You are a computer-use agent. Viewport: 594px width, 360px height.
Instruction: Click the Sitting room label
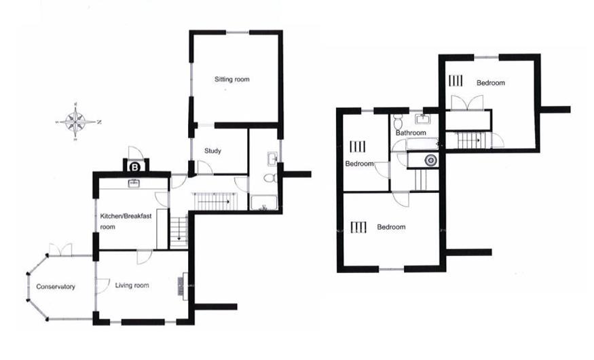point(232,79)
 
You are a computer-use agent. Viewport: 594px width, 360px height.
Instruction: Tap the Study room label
point(212,151)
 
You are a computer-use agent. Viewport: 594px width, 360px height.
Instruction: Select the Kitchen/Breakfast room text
point(122,221)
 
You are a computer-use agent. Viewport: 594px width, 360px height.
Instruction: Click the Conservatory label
point(56,287)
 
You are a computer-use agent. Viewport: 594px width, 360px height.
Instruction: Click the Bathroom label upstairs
point(411,133)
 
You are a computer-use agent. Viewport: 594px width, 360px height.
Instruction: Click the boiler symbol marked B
point(135,166)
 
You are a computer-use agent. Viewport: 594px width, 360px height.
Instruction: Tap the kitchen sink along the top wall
point(134,183)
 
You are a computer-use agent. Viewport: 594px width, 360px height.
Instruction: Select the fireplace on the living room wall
point(182,284)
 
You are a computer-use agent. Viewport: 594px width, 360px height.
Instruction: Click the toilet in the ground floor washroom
point(269,179)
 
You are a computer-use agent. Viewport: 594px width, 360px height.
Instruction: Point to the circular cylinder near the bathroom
point(429,160)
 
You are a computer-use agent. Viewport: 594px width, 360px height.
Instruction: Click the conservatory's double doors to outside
point(60,251)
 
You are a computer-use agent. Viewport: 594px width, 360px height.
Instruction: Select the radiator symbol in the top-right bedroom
point(455,81)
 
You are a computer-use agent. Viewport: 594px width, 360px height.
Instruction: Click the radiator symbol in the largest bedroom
point(359,227)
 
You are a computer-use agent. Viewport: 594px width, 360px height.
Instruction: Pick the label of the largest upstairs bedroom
point(391,227)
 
